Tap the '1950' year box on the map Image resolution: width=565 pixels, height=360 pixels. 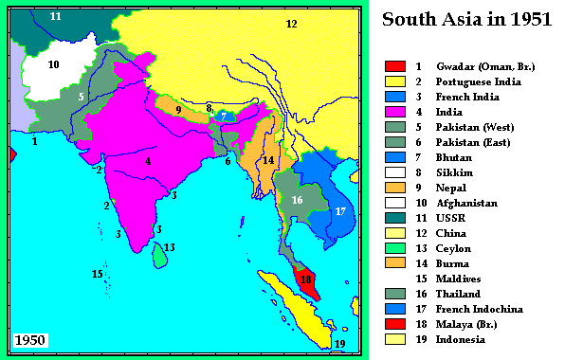click(x=30, y=340)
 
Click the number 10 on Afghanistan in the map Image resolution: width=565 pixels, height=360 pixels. click(x=53, y=64)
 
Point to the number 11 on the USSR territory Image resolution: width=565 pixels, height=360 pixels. click(x=56, y=16)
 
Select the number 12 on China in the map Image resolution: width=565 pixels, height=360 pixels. click(x=291, y=23)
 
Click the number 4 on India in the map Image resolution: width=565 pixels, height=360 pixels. click(x=148, y=161)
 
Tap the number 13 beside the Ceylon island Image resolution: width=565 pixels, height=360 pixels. click(x=169, y=247)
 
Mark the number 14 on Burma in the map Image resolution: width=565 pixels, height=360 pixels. click(x=268, y=160)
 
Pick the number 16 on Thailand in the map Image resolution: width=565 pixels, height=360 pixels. click(x=297, y=200)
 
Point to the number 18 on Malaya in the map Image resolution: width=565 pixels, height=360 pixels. click(x=305, y=279)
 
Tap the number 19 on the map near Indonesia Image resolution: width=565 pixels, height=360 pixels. click(x=340, y=344)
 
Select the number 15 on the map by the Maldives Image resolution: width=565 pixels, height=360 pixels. click(x=97, y=274)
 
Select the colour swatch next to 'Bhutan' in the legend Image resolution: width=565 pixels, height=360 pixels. click(x=395, y=156)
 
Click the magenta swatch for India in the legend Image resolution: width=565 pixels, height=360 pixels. click(x=395, y=111)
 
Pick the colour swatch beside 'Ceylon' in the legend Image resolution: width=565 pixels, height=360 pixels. click(x=395, y=247)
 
